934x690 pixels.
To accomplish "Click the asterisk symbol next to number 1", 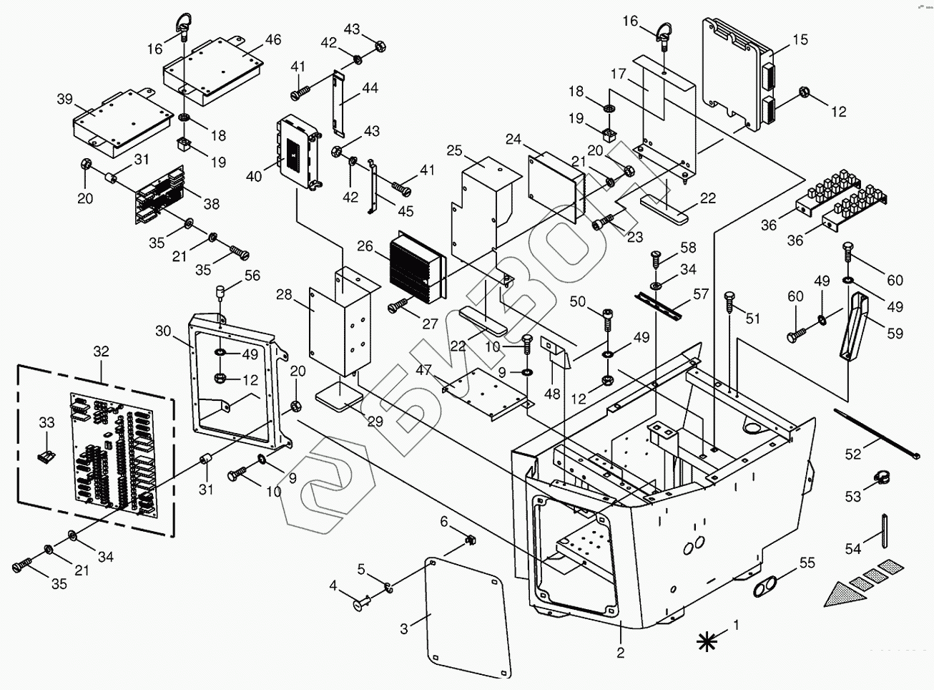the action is pyautogui.click(x=707, y=641).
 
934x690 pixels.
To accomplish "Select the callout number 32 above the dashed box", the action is pyautogui.click(x=101, y=351).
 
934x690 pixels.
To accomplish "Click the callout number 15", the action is pyautogui.click(x=800, y=39).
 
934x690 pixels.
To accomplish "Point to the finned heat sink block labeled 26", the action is pyautogui.click(x=417, y=267).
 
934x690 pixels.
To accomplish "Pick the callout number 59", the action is pyautogui.click(x=895, y=334).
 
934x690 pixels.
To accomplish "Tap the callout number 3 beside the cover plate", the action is pyautogui.click(x=404, y=629).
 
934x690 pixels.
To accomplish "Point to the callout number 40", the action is pyautogui.click(x=254, y=176).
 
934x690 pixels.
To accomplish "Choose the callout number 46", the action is pyautogui.click(x=273, y=39).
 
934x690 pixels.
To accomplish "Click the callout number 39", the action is pyautogui.click(x=65, y=99).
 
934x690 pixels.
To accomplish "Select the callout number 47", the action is pyautogui.click(x=423, y=370).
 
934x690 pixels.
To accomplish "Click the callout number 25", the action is pyautogui.click(x=454, y=150).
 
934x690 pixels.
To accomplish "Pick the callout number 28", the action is pyautogui.click(x=284, y=295).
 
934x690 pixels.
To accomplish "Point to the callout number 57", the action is pyautogui.click(x=701, y=293).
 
